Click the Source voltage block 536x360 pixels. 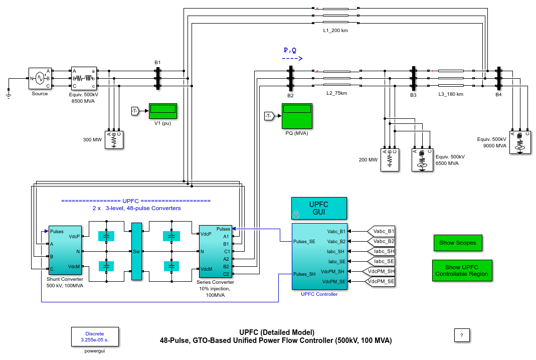(x=40, y=79)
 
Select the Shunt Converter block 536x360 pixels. (x=65, y=250)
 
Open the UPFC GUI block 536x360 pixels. (x=319, y=208)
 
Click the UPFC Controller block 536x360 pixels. (x=319, y=256)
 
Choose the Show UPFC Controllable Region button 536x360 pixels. (x=462, y=271)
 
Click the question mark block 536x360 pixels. (x=461, y=335)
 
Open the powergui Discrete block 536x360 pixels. (x=95, y=336)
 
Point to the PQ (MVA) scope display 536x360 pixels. (x=297, y=116)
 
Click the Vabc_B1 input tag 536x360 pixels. (x=382, y=231)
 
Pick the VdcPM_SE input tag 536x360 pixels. (x=382, y=281)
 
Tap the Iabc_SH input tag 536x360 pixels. (x=382, y=251)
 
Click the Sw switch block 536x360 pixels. (x=136, y=251)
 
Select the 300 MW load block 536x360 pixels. (x=114, y=140)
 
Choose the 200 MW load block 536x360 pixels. (x=390, y=159)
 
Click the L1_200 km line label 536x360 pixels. (x=335, y=30)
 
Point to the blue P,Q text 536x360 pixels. (x=290, y=50)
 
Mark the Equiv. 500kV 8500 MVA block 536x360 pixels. (x=83, y=79)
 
